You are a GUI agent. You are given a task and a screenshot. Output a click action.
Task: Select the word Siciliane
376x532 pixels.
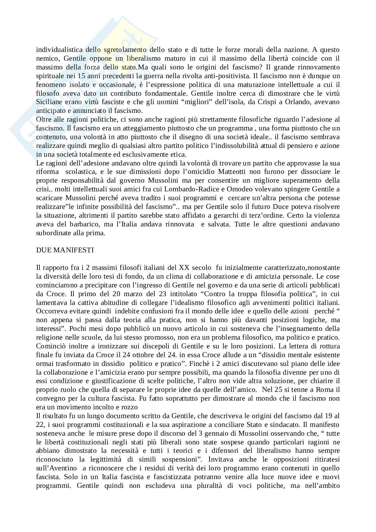[x=50, y=102]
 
